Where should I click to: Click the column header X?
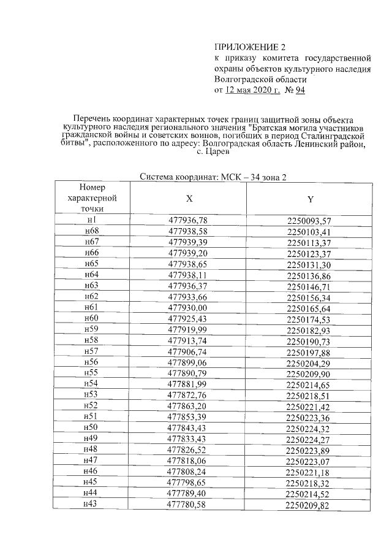coord(189,199)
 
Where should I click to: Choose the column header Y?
coord(310,199)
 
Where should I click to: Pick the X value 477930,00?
coord(189,307)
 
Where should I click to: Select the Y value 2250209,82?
coord(309,505)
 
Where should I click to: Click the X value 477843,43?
coord(189,427)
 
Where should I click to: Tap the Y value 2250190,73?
coord(309,342)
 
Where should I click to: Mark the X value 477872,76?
coord(189,395)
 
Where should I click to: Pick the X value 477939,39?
coord(189,242)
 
